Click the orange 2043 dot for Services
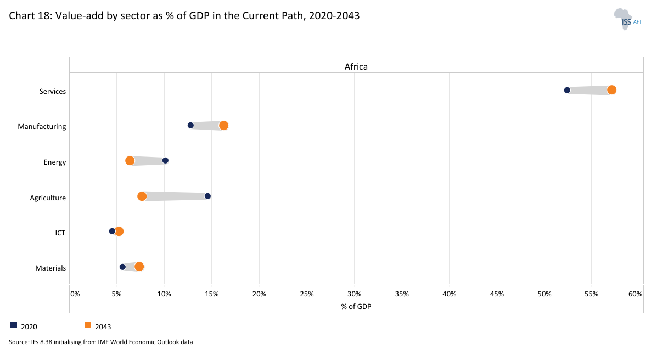tap(611, 90)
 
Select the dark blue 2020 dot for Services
tap(567, 90)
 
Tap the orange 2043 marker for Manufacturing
tap(223, 126)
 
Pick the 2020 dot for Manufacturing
tap(190, 125)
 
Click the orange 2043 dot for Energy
tap(130, 161)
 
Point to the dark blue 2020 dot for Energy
tap(165, 161)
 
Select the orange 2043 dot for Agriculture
tap(142, 196)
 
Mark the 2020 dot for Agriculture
tap(207, 196)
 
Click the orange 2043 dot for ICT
tap(119, 232)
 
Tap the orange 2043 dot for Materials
tap(139, 267)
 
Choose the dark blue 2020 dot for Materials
tap(122, 267)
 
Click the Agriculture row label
tap(48, 198)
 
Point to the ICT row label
tap(60, 233)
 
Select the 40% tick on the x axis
tap(450, 294)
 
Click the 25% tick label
tap(307, 294)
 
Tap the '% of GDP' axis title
tap(356, 306)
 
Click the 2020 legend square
tap(14, 325)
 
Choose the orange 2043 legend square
tap(87, 325)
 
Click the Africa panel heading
tap(356, 66)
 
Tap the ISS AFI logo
tap(627, 19)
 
